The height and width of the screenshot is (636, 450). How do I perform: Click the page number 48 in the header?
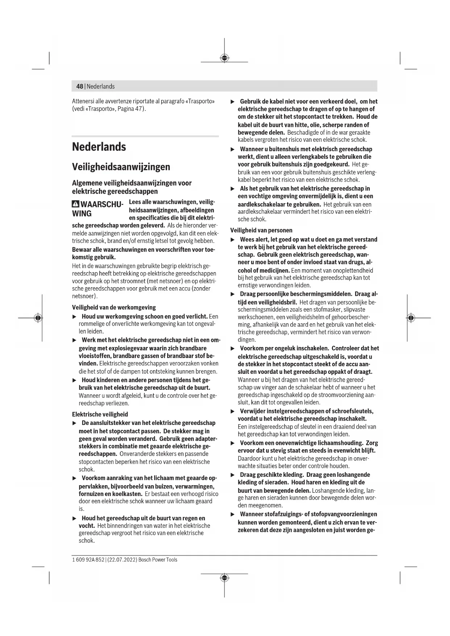tap(79, 86)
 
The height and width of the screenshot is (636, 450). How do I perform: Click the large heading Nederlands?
tap(99, 147)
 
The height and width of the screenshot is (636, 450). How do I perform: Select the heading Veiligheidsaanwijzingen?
tap(121, 167)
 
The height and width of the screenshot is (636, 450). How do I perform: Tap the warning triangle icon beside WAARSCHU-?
tap(76, 204)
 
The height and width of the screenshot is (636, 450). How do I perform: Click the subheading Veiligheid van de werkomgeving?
tap(114, 307)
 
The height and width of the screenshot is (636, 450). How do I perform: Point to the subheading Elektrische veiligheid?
tap(100, 414)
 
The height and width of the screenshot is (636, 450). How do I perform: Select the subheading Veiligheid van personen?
tap(261, 230)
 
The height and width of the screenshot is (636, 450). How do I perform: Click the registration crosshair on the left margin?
tap(38, 318)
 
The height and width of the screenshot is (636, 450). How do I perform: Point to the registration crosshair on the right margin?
tap(410, 318)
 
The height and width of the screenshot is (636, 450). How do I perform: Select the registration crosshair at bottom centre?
tap(224, 577)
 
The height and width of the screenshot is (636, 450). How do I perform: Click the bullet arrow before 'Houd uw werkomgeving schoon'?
tap(74, 317)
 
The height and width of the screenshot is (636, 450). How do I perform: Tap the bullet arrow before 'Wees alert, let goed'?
tap(233, 240)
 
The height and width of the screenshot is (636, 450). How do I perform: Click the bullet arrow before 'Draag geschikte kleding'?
tap(233, 475)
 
